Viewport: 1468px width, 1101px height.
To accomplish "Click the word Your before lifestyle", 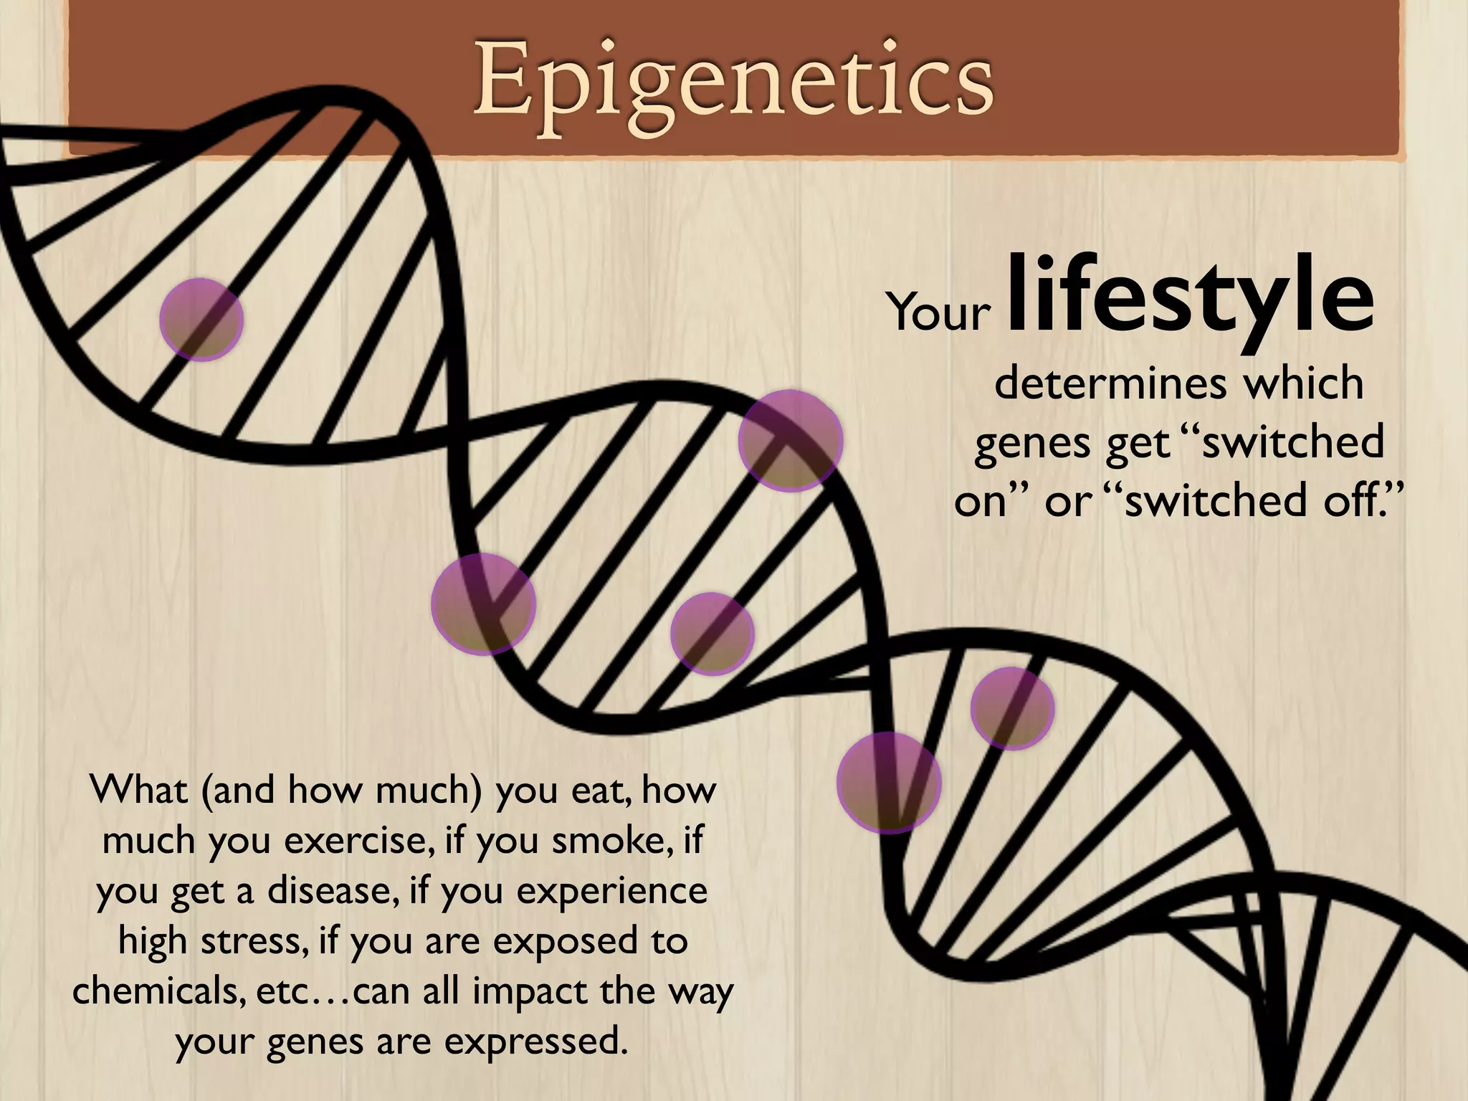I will click(939, 313).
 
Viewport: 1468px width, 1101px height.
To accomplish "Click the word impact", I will click(513, 991).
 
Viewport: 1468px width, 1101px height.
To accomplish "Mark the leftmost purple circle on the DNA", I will click(201, 320).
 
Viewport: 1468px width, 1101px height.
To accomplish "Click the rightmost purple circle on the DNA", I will click(1012, 708).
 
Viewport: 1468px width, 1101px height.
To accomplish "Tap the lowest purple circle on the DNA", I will click(889, 783).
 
